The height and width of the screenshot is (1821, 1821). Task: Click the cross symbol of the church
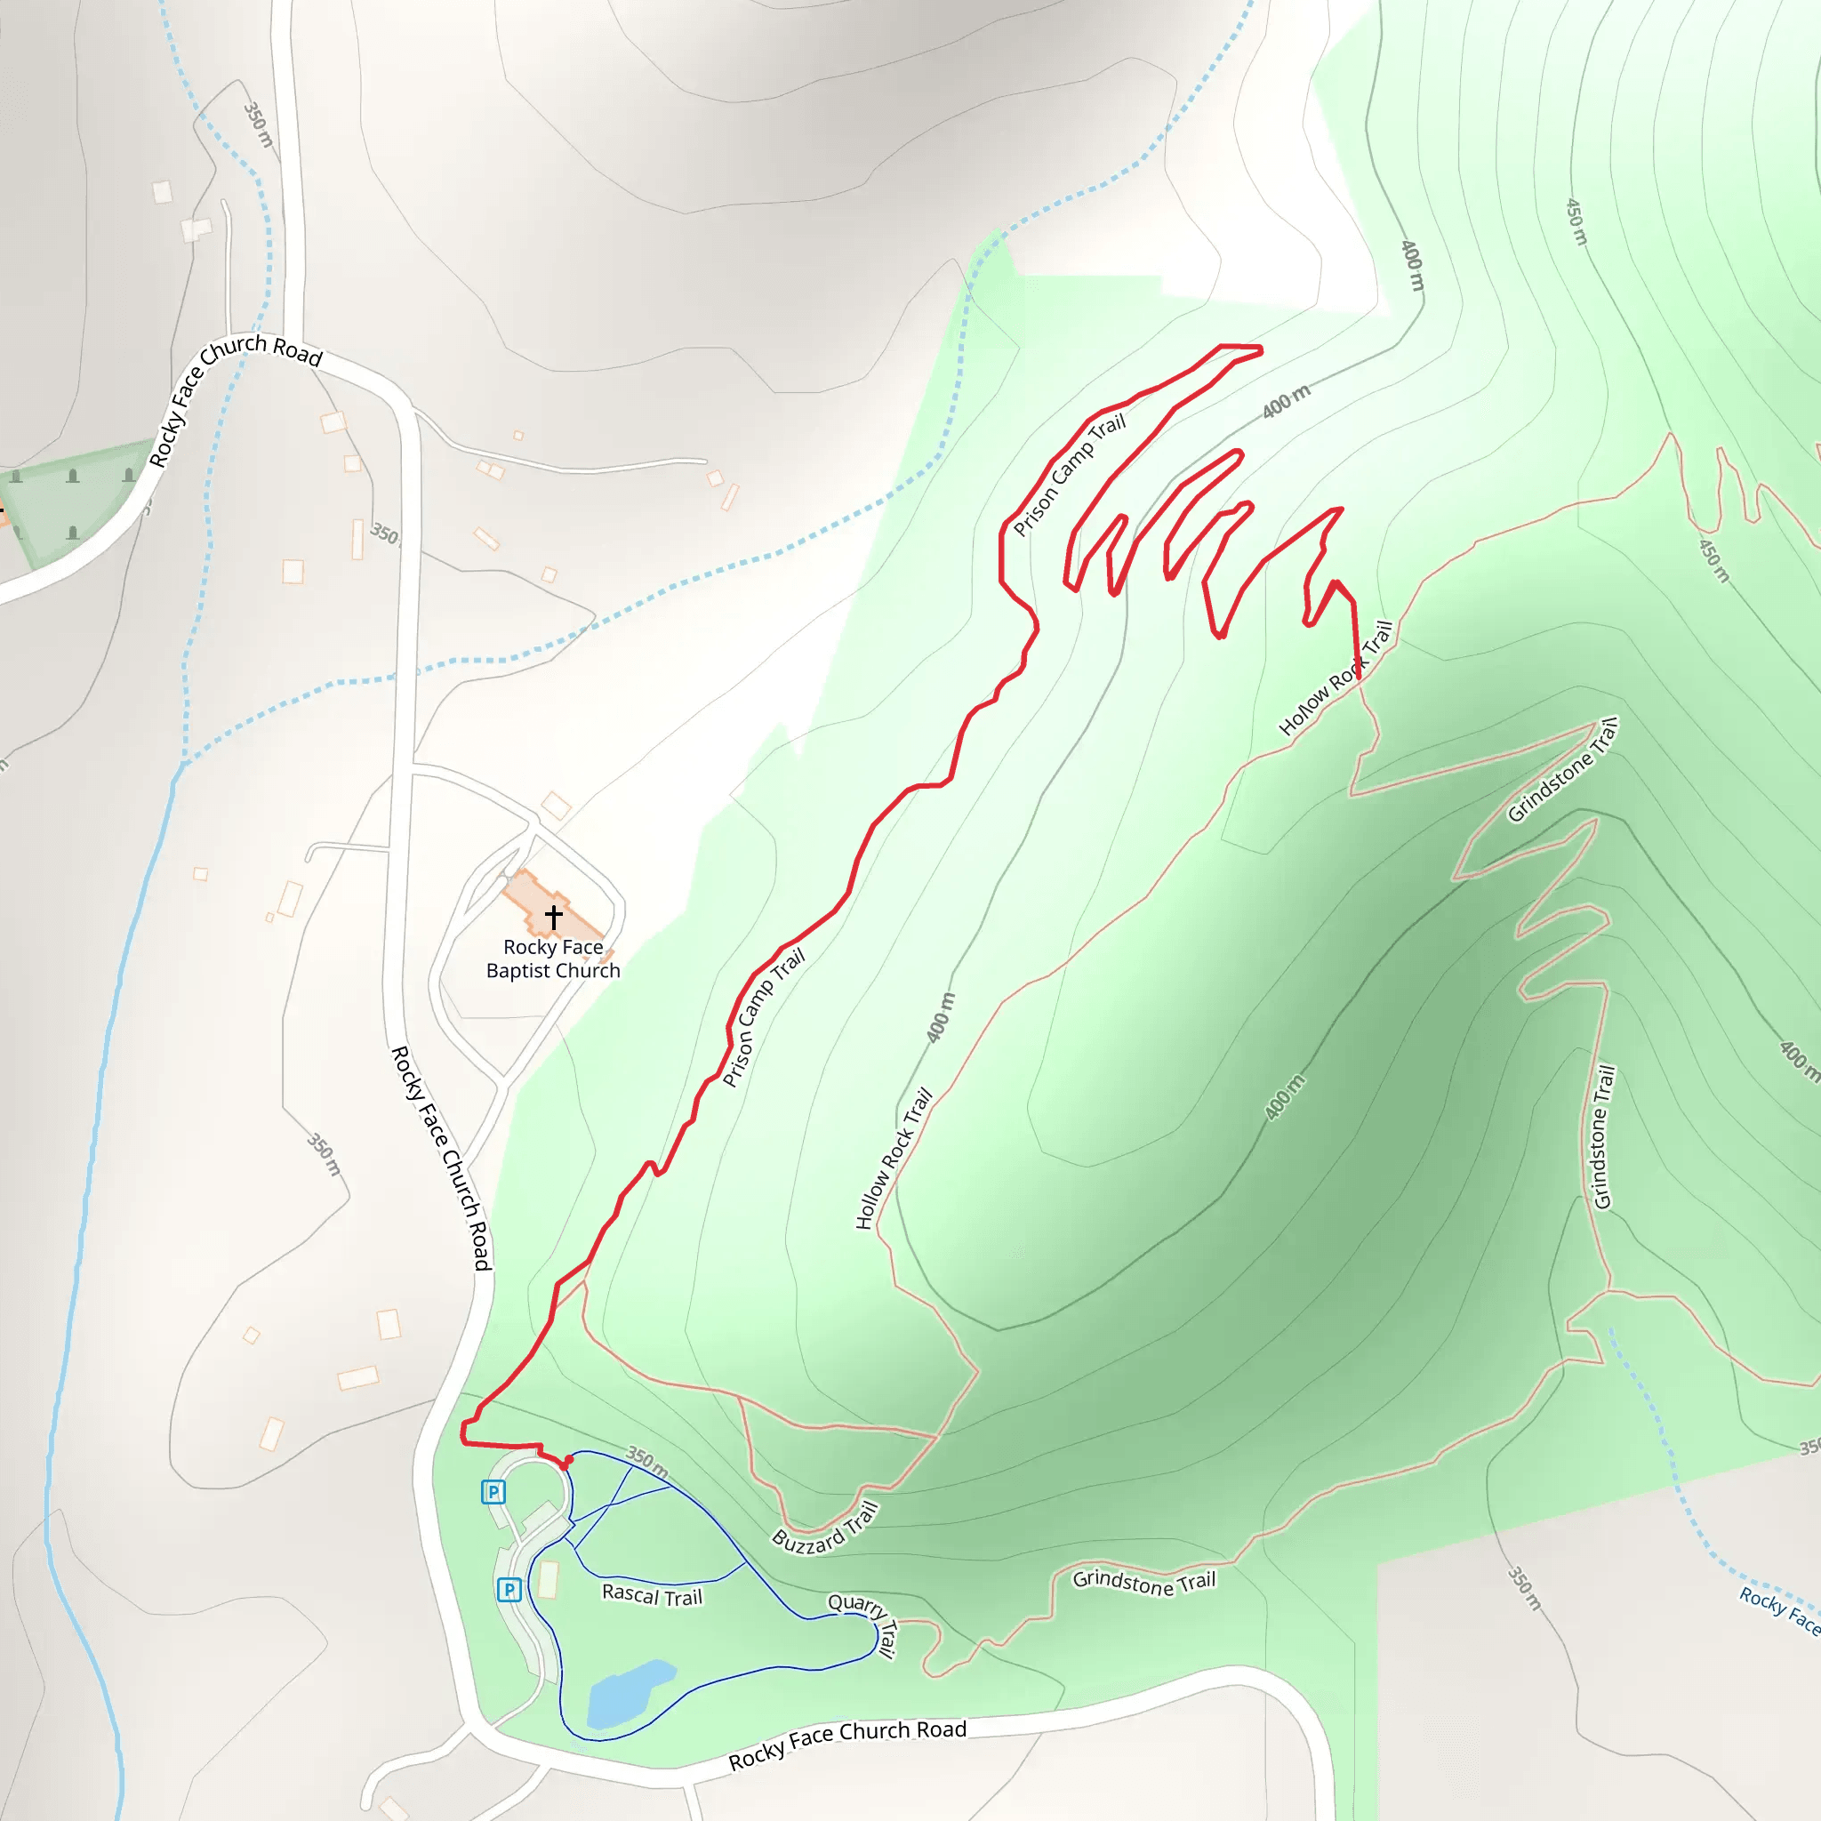click(x=553, y=915)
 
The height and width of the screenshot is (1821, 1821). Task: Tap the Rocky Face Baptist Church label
click(x=553, y=959)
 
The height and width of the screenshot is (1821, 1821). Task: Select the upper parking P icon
click(x=493, y=1492)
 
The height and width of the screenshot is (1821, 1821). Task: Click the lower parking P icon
click(x=509, y=1590)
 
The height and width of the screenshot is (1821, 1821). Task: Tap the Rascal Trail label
click(x=653, y=1595)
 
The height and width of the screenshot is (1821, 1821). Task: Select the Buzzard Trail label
click(x=826, y=1527)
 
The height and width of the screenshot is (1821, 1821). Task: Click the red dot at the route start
click(x=567, y=1461)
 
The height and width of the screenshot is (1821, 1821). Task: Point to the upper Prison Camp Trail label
click(x=1069, y=476)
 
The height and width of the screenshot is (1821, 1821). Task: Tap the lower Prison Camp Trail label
click(x=763, y=1018)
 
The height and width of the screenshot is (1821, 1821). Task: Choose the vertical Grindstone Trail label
click(x=1603, y=1136)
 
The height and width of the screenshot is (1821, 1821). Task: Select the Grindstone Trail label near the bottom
click(x=1143, y=1583)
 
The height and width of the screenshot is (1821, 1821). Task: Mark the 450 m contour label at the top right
click(x=1576, y=221)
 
